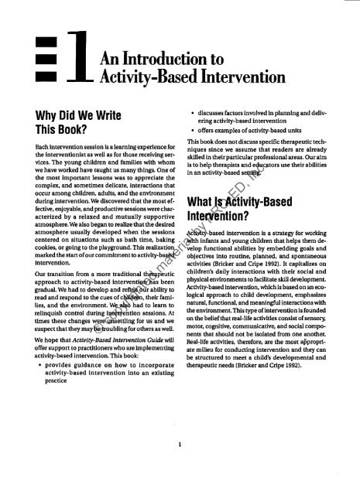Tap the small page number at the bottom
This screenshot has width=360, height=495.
pos(180,466)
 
